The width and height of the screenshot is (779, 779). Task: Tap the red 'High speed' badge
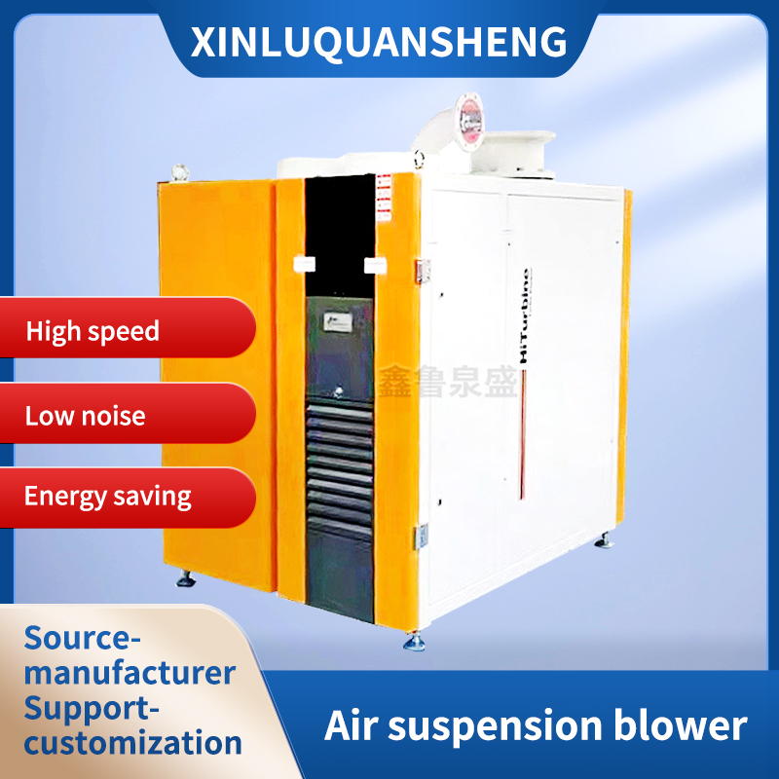[x=93, y=331]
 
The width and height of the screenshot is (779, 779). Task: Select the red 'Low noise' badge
[x=86, y=416]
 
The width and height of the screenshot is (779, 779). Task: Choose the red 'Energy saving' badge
[x=107, y=496]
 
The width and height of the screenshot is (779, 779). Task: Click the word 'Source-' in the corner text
[x=83, y=638]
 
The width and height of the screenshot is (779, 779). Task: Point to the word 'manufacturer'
[x=130, y=672]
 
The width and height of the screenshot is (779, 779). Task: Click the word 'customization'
[x=133, y=743]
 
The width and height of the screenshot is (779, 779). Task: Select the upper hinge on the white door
[x=424, y=271]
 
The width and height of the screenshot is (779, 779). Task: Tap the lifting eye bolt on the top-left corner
[x=179, y=173]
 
